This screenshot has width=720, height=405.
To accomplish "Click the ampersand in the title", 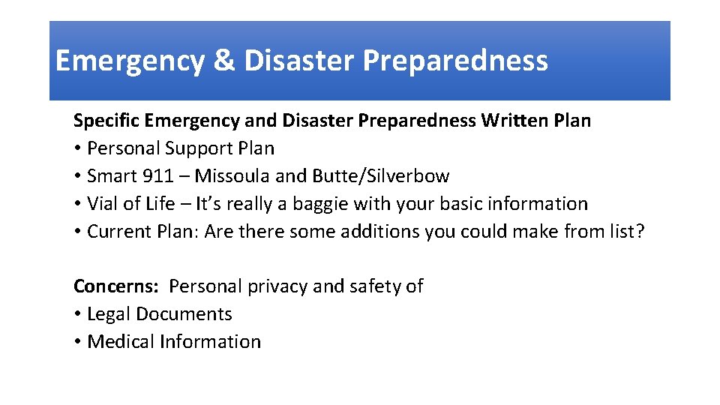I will pos(223,61).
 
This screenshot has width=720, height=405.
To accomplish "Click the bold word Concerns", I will pos(116,286).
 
